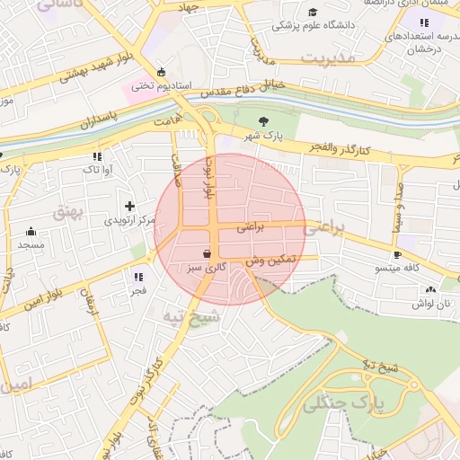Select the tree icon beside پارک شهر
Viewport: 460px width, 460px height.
point(262,121)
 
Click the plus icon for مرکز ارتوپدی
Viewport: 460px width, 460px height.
point(130,206)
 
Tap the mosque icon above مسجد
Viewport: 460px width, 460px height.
point(31,230)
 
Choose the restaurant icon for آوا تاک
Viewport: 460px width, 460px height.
point(97,156)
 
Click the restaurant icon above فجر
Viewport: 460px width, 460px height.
point(138,277)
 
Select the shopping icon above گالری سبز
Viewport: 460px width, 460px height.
point(208,253)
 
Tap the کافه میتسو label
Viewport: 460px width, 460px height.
point(398,269)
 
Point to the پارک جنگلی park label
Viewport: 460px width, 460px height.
point(342,402)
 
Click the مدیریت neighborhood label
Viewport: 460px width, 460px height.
point(328,57)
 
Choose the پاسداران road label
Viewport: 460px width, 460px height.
point(93,123)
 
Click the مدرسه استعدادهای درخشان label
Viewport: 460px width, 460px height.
point(416,43)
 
